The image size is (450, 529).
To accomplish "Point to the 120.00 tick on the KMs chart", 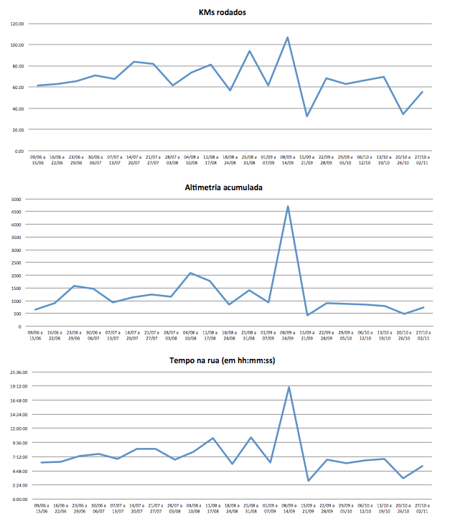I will pyautogui.click(x=17, y=24).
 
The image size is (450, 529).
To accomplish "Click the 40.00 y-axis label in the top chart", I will pyautogui.click(x=17, y=108).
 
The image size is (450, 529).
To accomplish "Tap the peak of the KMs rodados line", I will pyautogui.click(x=288, y=37).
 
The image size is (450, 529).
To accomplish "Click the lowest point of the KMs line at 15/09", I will pyautogui.click(x=307, y=116).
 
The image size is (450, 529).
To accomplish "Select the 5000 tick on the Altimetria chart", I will pyautogui.click(x=17, y=199).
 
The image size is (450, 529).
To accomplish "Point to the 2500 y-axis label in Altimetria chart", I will pyautogui.click(x=17, y=263).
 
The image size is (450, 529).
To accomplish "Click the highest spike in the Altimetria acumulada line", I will pyautogui.click(x=288, y=207).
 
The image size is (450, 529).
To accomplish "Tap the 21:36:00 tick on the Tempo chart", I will pyautogui.click(x=14, y=372).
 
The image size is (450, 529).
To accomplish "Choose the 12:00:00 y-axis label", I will pyautogui.click(x=14, y=429).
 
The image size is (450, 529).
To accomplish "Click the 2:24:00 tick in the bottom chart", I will pyautogui.click(x=15, y=485).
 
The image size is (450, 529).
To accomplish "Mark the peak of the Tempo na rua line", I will pyautogui.click(x=288, y=388).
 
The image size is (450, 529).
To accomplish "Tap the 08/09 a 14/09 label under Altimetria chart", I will pyautogui.click(x=288, y=336).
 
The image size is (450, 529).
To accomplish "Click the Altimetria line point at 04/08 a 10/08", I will pyautogui.click(x=190, y=273).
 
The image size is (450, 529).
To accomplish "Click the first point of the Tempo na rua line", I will pyautogui.click(x=42, y=462).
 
